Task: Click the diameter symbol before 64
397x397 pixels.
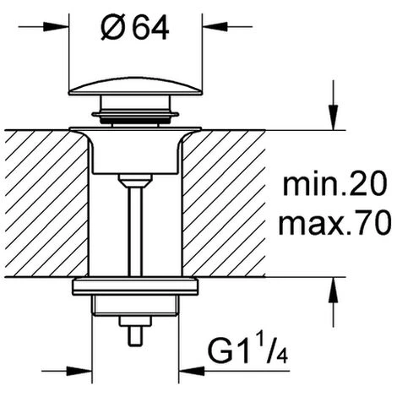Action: pos(111,27)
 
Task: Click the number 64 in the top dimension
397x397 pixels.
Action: pos(151,27)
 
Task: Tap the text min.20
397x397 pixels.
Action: pos(334,185)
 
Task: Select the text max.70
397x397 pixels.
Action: pos(334,224)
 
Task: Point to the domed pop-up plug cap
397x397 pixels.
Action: pos(135,87)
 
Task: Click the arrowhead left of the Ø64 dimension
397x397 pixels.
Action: pos(56,27)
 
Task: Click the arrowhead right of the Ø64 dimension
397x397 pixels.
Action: pos(215,27)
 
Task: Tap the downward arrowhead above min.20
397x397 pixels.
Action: pos(334,117)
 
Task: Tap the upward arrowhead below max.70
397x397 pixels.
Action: pos(334,291)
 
